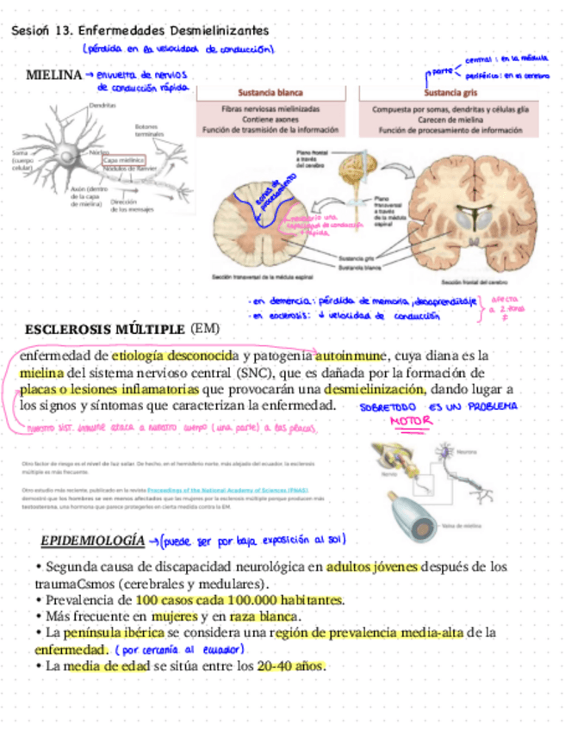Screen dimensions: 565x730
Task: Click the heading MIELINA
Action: click(53, 76)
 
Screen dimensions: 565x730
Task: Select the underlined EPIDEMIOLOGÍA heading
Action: click(93, 541)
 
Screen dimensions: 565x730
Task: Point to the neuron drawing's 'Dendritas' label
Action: click(102, 105)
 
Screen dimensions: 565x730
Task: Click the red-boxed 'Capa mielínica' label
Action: click(124, 160)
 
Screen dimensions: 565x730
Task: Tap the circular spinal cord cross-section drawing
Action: click(258, 224)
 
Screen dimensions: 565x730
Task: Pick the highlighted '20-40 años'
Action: click(290, 666)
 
